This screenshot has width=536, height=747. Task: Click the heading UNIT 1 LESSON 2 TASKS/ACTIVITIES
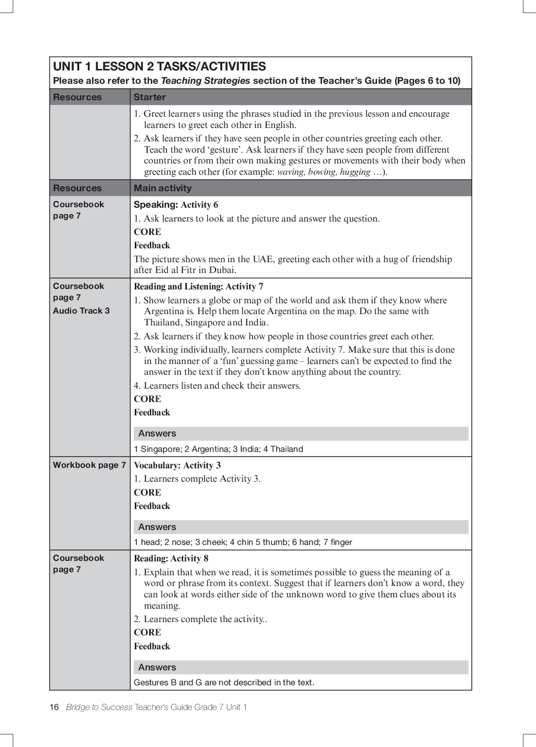tap(159, 66)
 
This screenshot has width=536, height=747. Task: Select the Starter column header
tap(150, 97)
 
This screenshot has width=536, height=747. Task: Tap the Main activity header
tap(163, 188)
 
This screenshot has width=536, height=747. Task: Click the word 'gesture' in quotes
tap(223, 150)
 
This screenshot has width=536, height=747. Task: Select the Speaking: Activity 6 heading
tap(176, 205)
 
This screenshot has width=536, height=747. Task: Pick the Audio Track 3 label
tap(81, 311)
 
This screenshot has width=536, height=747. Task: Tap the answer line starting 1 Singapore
tap(218, 449)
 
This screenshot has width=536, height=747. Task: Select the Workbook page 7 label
tap(90, 465)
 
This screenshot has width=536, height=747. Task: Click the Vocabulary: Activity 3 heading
tap(177, 465)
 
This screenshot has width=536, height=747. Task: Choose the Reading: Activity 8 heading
tap(171, 558)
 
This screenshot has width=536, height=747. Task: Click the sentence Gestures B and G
tap(224, 682)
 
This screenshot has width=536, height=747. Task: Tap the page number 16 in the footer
tap(54, 707)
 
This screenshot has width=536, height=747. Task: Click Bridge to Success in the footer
tap(99, 707)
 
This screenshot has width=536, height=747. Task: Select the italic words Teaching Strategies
tap(205, 81)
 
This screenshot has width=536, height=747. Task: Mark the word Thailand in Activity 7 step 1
tap(163, 322)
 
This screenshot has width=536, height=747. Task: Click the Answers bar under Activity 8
tap(301, 667)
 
